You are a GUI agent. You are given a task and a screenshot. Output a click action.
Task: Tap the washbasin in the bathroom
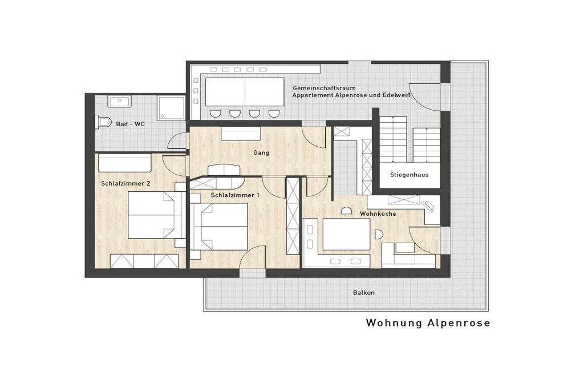(120, 101)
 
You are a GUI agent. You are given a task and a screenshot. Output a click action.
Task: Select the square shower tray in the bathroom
(171, 108)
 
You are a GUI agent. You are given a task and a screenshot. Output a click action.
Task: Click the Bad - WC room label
(131, 124)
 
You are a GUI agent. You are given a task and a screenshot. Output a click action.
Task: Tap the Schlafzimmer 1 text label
(235, 195)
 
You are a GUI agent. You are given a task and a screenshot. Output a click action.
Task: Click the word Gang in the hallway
(261, 152)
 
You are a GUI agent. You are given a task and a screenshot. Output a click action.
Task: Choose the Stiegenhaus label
(409, 175)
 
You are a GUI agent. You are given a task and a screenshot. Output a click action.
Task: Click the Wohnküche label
(378, 214)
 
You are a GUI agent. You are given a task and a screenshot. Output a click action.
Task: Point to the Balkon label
(364, 293)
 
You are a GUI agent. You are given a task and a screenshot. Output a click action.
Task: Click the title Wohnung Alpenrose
(428, 323)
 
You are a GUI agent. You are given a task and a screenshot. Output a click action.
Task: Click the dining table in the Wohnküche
(346, 235)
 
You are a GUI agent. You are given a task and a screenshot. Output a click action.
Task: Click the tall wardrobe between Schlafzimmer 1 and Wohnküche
(293, 216)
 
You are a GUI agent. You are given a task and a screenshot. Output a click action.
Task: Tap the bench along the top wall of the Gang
(241, 134)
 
